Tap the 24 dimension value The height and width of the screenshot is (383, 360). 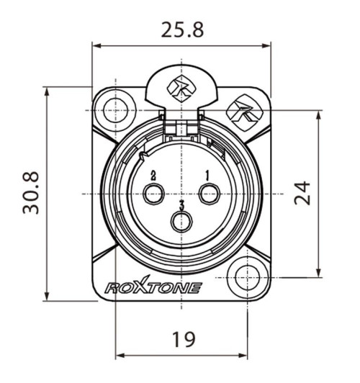pyautogui.click(x=305, y=193)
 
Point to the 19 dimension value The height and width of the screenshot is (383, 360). pyautogui.click(x=184, y=339)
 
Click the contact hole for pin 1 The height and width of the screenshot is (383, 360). pyautogui.click(x=210, y=194)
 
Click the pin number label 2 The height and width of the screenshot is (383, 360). pyautogui.click(x=153, y=175)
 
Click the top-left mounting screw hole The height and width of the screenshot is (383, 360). pyautogui.click(x=112, y=111)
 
